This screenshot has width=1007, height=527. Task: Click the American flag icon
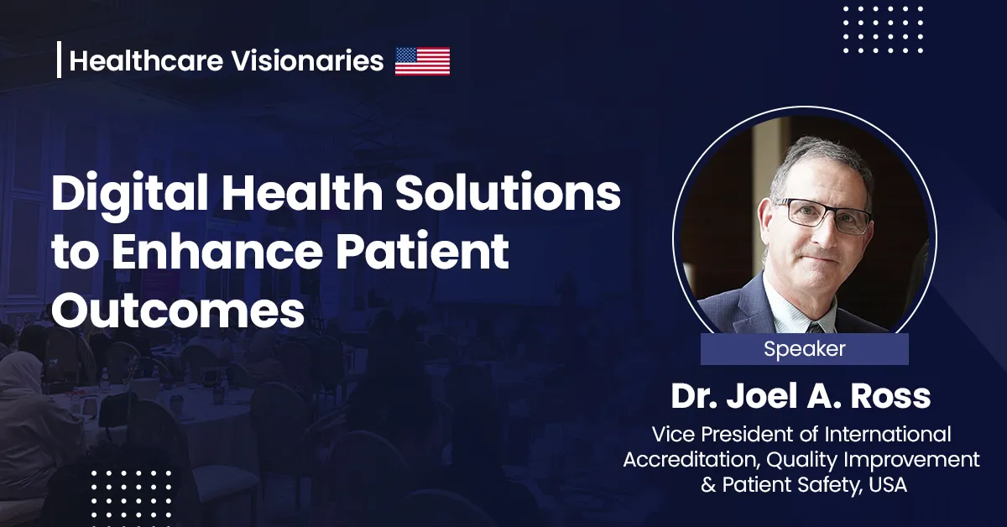tap(422, 61)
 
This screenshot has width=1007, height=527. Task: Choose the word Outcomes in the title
tap(177, 311)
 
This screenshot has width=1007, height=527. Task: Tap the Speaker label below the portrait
tap(804, 349)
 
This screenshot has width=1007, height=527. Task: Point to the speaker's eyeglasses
tap(822, 216)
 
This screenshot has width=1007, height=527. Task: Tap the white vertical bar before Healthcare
tap(59, 60)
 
